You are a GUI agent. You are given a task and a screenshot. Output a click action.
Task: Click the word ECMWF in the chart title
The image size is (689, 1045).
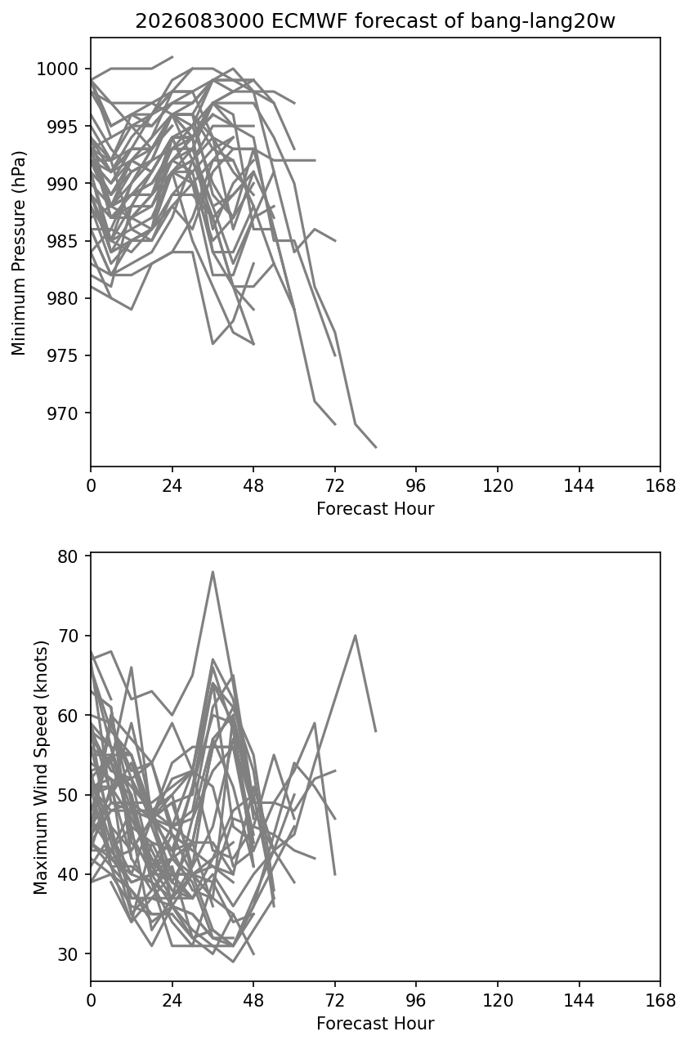coord(310,21)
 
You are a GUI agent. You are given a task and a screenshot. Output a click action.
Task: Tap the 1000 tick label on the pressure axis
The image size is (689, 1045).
coord(57,69)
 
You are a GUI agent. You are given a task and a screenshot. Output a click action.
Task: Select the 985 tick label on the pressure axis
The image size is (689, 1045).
coord(63,241)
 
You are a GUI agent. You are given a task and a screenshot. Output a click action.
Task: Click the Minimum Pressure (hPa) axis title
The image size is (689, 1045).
coord(19,252)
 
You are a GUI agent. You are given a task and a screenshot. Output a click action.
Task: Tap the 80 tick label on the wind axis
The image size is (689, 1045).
coord(68,556)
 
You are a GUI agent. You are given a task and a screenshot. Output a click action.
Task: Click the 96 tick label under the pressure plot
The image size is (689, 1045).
coord(416,486)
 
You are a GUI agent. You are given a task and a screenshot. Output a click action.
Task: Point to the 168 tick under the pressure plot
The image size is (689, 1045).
coord(660,467)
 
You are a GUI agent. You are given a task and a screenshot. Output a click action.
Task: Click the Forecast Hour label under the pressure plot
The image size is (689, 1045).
coord(375,508)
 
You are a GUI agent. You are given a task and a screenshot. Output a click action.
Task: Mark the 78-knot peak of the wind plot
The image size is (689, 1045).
coord(213,572)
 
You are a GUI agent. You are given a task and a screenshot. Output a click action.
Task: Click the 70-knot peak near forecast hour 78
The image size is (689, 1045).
coord(356,636)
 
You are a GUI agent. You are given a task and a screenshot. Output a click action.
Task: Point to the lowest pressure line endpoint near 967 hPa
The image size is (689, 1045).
coord(376,448)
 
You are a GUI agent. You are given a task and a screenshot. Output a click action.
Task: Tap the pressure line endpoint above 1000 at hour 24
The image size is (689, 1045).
coord(172,57)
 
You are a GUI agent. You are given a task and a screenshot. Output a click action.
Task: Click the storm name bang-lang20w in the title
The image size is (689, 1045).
coord(543,21)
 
